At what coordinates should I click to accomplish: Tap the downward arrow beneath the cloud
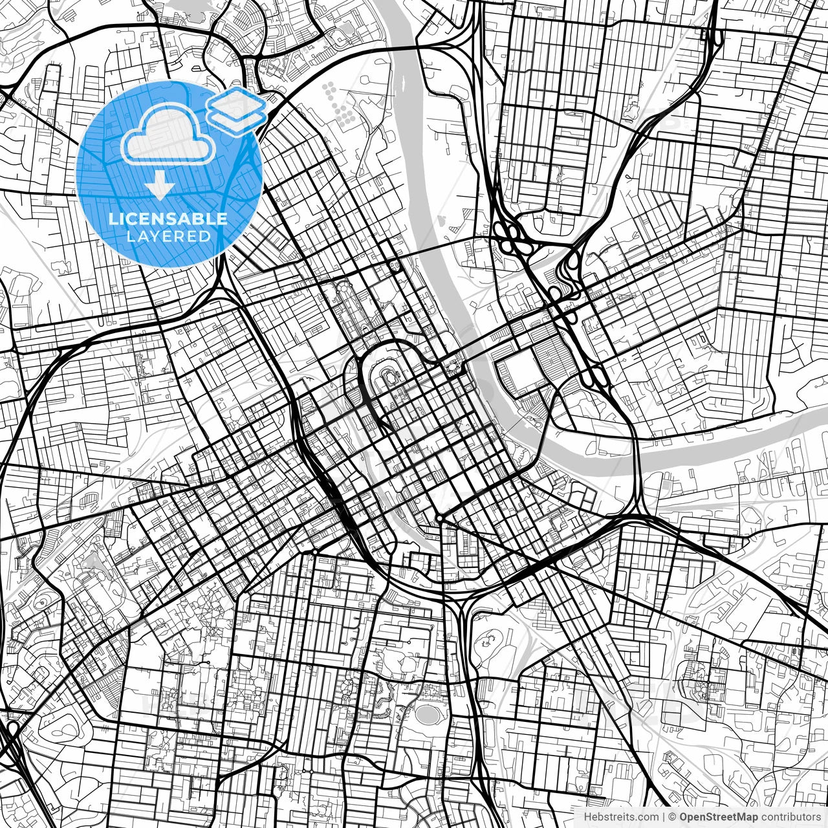tap(160, 188)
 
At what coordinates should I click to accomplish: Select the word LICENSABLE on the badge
tap(168, 219)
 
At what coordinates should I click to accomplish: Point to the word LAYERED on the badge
tap(168, 236)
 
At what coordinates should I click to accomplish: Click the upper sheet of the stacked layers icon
tap(236, 102)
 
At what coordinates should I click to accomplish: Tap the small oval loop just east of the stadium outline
tap(451, 367)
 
